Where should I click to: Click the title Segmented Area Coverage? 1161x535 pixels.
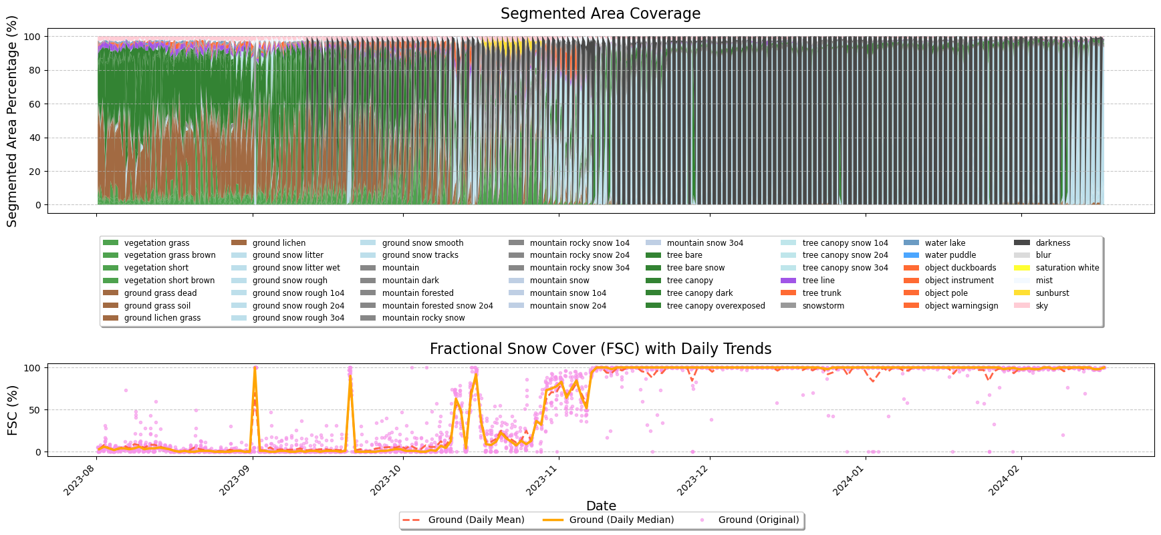[x=600, y=14]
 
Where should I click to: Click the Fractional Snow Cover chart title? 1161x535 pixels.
[x=600, y=349]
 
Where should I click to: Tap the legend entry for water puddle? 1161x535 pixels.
[x=950, y=255]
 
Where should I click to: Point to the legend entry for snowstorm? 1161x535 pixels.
[x=823, y=306]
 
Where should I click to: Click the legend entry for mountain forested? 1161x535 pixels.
[x=417, y=293]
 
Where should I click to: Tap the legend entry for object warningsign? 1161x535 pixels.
[x=961, y=306]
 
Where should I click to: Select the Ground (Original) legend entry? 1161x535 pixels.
[x=758, y=520]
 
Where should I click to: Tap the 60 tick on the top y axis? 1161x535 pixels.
[x=35, y=104]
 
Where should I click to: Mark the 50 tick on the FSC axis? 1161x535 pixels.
[x=35, y=410]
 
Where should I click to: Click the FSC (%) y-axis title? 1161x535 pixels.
[x=13, y=410]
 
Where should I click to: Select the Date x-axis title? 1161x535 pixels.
[x=600, y=506]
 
